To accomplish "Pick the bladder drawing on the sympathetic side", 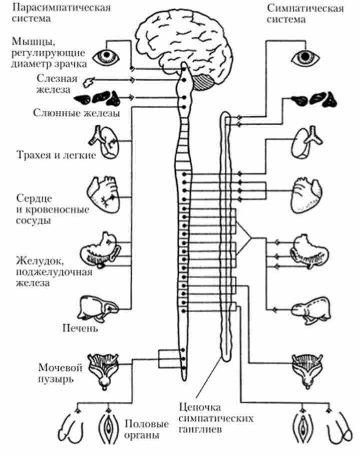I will [307, 368].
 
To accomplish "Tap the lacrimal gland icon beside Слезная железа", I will [91, 80].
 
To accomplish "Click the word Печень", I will [80, 329].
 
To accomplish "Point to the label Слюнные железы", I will [76, 113].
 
